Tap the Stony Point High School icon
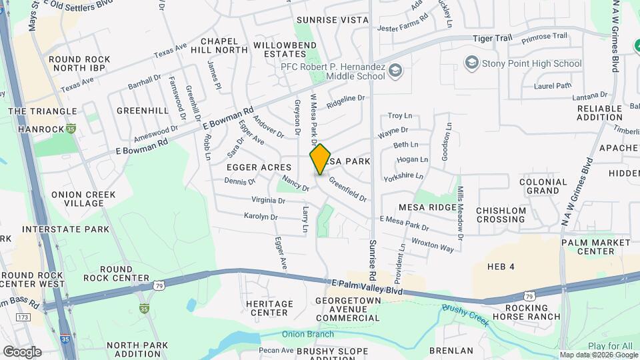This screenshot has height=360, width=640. pyautogui.click(x=471, y=63)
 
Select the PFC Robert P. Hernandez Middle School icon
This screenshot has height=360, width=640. pyautogui.click(x=395, y=69)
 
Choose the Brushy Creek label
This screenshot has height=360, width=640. pyautogui.click(x=465, y=315)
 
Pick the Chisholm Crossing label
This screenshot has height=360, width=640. pyautogui.click(x=501, y=215)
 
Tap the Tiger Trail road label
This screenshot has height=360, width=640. pyautogui.click(x=492, y=39)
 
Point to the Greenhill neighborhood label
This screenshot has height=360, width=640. pyautogui.click(x=142, y=110)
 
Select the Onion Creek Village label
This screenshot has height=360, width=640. pyautogui.click(x=83, y=199)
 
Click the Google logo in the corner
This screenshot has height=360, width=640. pyautogui.click(x=22, y=351)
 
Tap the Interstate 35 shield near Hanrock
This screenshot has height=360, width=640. pyautogui.click(x=71, y=128)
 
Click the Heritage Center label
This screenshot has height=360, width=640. pyautogui.click(x=270, y=308)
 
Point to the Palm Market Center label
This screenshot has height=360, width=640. pyautogui.click(x=596, y=247)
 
